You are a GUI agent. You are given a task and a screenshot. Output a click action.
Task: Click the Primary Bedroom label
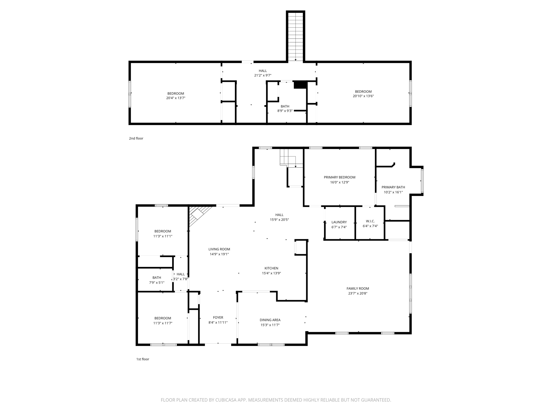pos(339,177)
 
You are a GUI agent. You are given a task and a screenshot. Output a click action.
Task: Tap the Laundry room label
pos(339,222)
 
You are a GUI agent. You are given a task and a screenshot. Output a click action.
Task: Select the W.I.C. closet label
pos(370,221)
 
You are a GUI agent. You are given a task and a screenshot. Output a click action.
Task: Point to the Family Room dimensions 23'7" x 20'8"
pos(358,294)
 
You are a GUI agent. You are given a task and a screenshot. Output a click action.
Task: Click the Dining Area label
pos(270,320)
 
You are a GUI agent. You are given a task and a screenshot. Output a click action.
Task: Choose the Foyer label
pos(218,318)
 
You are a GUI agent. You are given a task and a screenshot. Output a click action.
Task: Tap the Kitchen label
pos(271,268)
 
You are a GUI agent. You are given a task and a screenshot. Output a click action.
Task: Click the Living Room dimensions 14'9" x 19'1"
pos(219,254)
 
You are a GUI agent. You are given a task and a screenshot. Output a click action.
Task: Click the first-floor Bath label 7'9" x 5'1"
pos(157,278)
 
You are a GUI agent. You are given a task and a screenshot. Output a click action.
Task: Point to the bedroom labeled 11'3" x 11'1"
pos(163,234)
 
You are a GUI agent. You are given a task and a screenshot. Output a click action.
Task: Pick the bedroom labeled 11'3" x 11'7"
pos(163,321)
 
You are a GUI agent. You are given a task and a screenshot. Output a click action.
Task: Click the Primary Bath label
pos(393,187)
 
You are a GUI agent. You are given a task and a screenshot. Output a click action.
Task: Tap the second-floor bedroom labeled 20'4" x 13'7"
pos(175,96)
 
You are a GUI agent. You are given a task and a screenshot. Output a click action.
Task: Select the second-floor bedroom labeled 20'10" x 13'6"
pos(363,94)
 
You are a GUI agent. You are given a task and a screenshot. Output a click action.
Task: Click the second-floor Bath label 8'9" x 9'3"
pos(285,106)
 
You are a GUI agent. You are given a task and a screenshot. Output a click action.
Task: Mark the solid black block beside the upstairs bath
pos(300,85)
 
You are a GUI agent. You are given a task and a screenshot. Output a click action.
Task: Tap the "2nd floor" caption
pos(136,138)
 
